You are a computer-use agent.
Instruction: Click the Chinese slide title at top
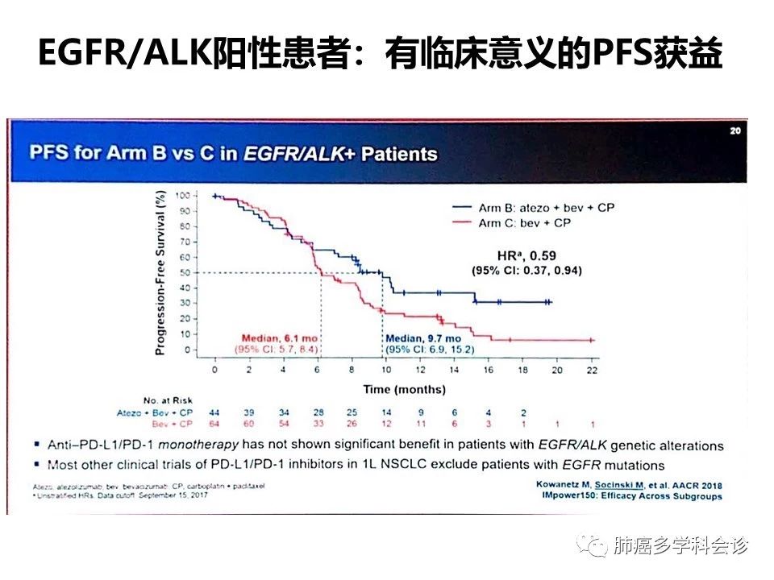click(380, 56)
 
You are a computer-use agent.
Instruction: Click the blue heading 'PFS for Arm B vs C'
click(233, 153)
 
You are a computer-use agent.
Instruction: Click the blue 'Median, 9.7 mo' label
click(423, 338)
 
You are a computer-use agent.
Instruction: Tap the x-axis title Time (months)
click(404, 389)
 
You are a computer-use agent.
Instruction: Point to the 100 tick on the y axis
click(186, 196)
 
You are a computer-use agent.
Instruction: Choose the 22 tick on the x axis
click(591, 369)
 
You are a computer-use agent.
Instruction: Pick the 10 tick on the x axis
click(386, 369)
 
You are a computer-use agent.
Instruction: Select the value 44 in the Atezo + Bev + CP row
click(214, 412)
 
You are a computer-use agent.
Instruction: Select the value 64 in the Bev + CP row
click(214, 423)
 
